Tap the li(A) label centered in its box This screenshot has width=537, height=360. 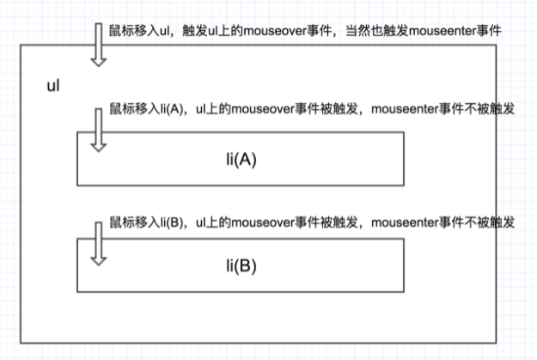[240, 161]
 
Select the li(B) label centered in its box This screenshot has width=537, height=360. [240, 265]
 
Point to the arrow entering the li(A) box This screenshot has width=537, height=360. [100, 129]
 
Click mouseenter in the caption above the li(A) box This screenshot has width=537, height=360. [408, 113]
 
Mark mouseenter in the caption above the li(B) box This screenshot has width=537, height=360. [408, 222]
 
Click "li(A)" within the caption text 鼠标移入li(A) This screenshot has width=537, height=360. [168, 113]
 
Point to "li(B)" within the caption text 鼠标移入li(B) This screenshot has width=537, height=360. [168, 222]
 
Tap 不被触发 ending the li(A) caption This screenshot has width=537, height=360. [493, 113]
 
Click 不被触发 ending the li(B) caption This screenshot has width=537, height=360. [493, 222]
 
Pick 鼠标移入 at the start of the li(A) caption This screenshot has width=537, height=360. [131, 113]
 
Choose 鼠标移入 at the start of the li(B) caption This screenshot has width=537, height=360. [131, 222]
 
